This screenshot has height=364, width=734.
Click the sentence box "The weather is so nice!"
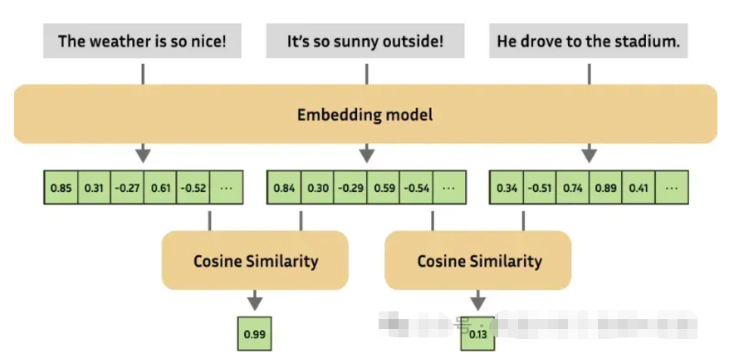pyautogui.click(x=142, y=41)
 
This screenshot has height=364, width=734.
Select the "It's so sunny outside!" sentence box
pyautogui.click(x=366, y=41)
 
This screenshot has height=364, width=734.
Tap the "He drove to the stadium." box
pyautogui.click(x=588, y=41)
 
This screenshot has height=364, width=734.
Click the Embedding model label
pyautogui.click(x=365, y=115)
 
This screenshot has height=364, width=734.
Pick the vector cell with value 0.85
pyautogui.click(x=61, y=188)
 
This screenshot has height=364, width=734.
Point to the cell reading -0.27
pyautogui.click(x=127, y=188)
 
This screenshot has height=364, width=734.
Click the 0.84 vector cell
pyautogui.click(x=284, y=188)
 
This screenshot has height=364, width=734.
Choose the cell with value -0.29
pyautogui.click(x=350, y=188)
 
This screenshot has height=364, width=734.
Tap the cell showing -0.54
pyautogui.click(x=417, y=188)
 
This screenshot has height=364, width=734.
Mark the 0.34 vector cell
pyautogui.click(x=507, y=188)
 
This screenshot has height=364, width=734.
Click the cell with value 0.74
pyautogui.click(x=573, y=188)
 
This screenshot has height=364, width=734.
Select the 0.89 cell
pyautogui.click(x=606, y=188)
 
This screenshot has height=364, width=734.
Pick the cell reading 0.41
pyautogui.click(x=639, y=188)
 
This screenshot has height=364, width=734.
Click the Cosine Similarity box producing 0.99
pyautogui.click(x=255, y=261)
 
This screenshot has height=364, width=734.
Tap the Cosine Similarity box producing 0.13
pyautogui.click(x=478, y=261)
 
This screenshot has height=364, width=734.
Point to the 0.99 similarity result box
pyautogui.click(x=254, y=334)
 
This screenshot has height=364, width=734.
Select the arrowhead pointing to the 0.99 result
pyautogui.click(x=254, y=303)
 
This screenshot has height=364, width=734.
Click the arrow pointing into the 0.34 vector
pyautogui.click(x=589, y=154)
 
